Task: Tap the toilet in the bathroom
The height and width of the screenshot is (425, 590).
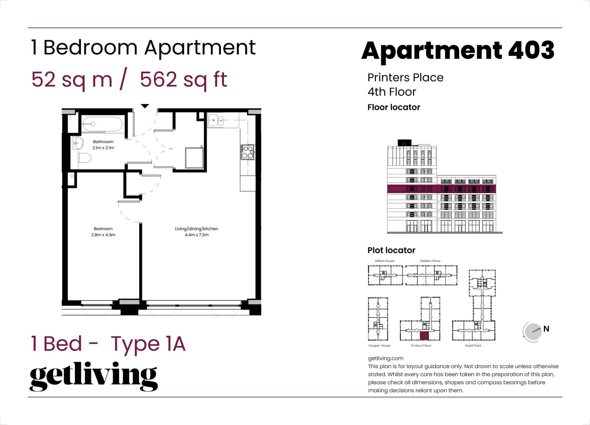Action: [85, 158]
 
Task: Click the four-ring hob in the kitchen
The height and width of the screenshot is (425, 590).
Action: [247, 152]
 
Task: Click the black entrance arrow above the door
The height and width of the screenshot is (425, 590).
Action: [145, 106]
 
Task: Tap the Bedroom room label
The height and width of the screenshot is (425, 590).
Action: [103, 229]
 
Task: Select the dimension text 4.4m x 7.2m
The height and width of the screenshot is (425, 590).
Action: [196, 235]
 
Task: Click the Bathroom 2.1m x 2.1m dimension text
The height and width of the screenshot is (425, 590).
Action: [103, 148]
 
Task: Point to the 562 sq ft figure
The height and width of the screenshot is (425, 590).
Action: [184, 80]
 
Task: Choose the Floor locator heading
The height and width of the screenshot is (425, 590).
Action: [394, 107]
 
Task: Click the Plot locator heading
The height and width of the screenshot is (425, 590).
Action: [391, 250]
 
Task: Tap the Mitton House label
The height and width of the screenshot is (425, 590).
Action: [385, 261]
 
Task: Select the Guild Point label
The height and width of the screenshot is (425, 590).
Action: [473, 345]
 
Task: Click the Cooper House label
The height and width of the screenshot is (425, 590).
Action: [379, 345]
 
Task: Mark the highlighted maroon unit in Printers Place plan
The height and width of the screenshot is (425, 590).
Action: [424, 336]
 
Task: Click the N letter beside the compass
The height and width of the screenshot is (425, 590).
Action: [546, 329]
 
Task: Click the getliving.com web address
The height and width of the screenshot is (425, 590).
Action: [385, 358]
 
